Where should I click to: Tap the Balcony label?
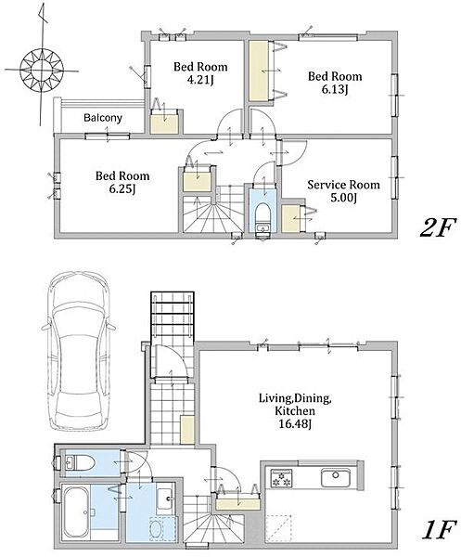point(103,118)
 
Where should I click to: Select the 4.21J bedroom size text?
point(200,80)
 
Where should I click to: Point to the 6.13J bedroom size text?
point(335,89)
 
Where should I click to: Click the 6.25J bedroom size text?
point(122,188)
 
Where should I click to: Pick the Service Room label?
point(343,185)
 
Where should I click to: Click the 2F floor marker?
point(437,227)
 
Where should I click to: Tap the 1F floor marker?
point(438,530)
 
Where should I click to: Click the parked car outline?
point(79,351)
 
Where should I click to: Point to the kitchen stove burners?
point(281,478)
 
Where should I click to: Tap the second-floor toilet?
point(263,215)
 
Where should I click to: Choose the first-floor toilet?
point(80,463)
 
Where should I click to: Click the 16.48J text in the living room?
point(295,424)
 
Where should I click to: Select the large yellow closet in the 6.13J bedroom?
point(259,71)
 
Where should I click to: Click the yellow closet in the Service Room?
point(290,219)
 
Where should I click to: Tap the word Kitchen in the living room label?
point(295,411)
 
